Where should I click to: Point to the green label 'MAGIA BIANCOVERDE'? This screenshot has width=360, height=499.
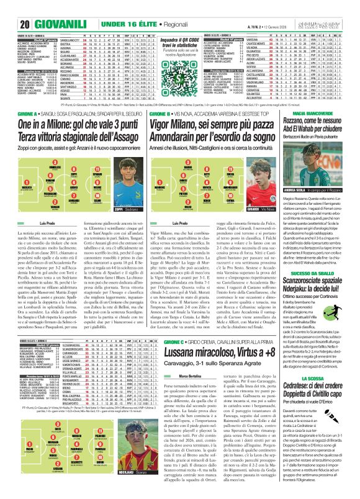tap(322, 147)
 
